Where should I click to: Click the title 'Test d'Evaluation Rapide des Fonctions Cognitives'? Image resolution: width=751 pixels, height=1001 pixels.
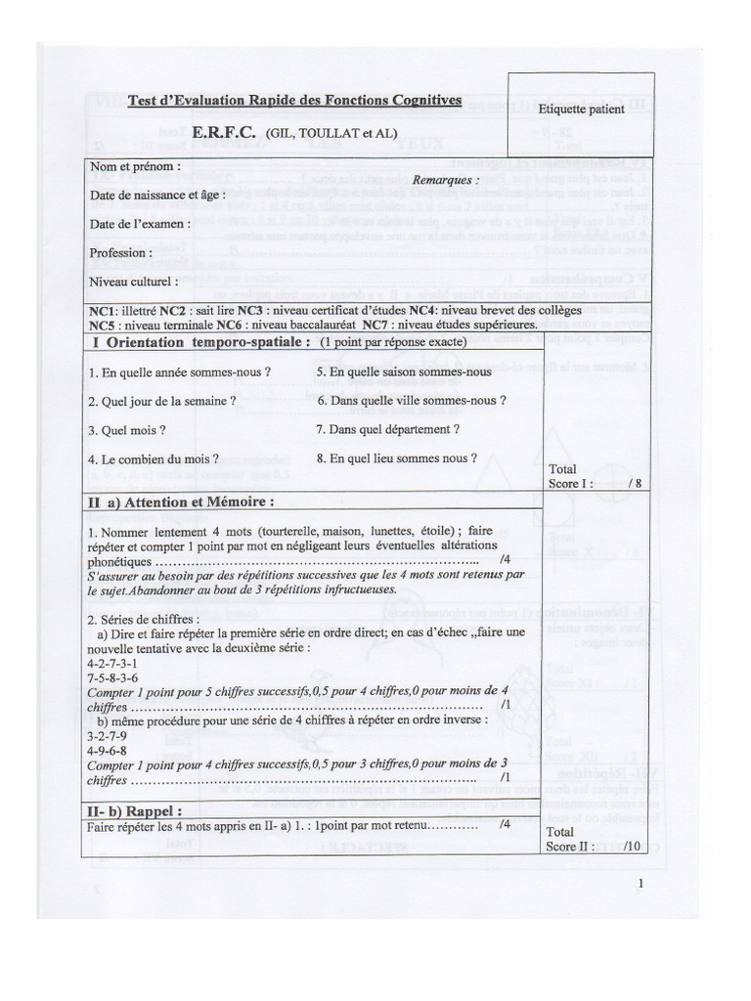point(295,101)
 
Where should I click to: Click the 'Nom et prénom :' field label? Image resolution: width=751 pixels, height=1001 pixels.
point(135,166)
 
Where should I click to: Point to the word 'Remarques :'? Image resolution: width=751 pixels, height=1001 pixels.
point(446,181)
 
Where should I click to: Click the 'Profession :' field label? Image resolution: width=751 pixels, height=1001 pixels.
point(121,252)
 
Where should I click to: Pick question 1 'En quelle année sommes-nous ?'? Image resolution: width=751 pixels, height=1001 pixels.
point(179,372)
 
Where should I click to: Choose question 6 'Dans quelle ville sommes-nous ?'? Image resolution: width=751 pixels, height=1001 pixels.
point(412,401)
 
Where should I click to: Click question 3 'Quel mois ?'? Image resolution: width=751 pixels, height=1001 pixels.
point(126,429)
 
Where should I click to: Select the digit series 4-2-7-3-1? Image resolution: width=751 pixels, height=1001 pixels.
point(112,662)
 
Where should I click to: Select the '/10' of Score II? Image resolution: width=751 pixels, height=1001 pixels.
point(631,846)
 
